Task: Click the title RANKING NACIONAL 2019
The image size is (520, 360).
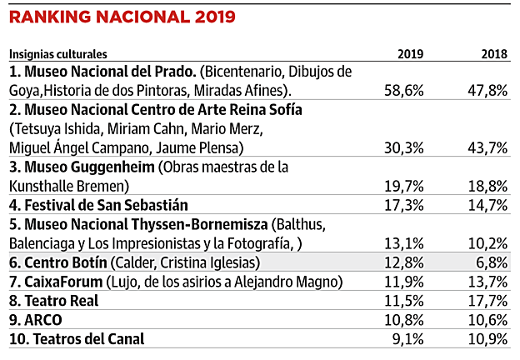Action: click(x=122, y=16)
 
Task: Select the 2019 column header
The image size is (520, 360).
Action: click(x=411, y=54)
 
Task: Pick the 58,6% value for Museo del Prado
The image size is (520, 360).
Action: click(x=402, y=90)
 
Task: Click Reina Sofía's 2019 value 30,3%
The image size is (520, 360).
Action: click(x=402, y=147)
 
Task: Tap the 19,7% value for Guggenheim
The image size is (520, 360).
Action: click(x=402, y=186)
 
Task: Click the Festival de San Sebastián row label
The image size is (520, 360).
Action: click(x=98, y=205)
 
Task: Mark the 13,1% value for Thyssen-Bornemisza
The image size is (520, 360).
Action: click(x=402, y=243)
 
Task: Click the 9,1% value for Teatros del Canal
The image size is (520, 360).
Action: click(x=407, y=339)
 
